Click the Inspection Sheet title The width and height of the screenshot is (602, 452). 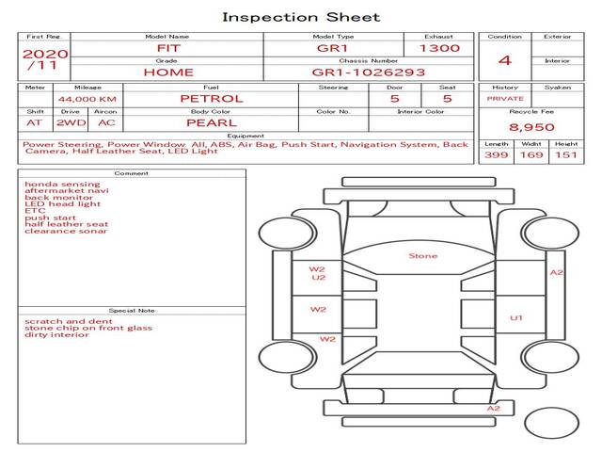301,17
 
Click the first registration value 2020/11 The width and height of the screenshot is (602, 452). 45,59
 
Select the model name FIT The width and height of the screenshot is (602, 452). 168,48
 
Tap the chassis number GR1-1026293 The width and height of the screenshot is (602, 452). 369,73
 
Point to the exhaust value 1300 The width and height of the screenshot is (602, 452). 439,48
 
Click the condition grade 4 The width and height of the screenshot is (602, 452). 505,60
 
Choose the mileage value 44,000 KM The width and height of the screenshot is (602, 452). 87,99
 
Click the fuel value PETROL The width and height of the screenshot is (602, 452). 212,99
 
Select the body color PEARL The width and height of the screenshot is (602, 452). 212,123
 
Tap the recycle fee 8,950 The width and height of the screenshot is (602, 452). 531,127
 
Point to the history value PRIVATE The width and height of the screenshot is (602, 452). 505,99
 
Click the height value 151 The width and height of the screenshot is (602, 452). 566,154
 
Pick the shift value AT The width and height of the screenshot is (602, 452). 34,123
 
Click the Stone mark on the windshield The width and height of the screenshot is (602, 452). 423,256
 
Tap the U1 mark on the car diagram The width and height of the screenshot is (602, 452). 516,318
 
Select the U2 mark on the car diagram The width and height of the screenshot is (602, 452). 319,277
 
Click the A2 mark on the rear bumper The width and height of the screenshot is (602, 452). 494,408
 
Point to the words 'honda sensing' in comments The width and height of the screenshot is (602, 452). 62,185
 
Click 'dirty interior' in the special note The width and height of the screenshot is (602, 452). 56,335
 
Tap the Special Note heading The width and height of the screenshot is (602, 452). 132,311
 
